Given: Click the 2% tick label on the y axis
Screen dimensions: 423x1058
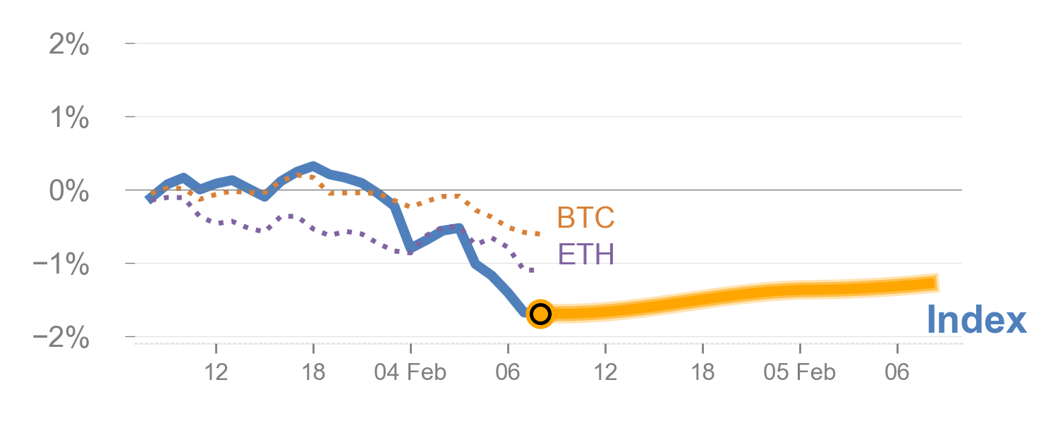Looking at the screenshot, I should point(69,46).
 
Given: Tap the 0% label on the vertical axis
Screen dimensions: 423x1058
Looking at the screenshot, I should point(69,192).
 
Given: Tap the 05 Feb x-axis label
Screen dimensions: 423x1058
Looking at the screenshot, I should point(800,372).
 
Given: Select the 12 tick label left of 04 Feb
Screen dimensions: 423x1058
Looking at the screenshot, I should point(217,372).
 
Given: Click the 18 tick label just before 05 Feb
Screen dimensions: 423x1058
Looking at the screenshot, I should point(703,372).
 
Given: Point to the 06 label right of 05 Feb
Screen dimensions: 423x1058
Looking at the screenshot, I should point(897,372).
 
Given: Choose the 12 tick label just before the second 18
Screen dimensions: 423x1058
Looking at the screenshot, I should point(606,372).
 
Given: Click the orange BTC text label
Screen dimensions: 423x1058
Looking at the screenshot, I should point(585,219).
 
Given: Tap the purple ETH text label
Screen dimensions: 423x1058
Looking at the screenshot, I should point(585,255).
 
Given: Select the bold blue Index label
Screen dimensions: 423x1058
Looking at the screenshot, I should point(976,320).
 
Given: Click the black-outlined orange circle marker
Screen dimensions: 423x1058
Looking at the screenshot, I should point(540,313).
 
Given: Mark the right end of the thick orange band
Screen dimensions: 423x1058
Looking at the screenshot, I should point(938,283).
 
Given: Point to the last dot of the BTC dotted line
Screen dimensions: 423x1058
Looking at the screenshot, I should point(538,233).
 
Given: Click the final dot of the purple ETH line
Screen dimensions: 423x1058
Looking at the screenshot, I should point(532,270).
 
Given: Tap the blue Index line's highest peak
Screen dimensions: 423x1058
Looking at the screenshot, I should point(313,166).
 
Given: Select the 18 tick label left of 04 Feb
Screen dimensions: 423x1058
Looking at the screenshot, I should point(314,372).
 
